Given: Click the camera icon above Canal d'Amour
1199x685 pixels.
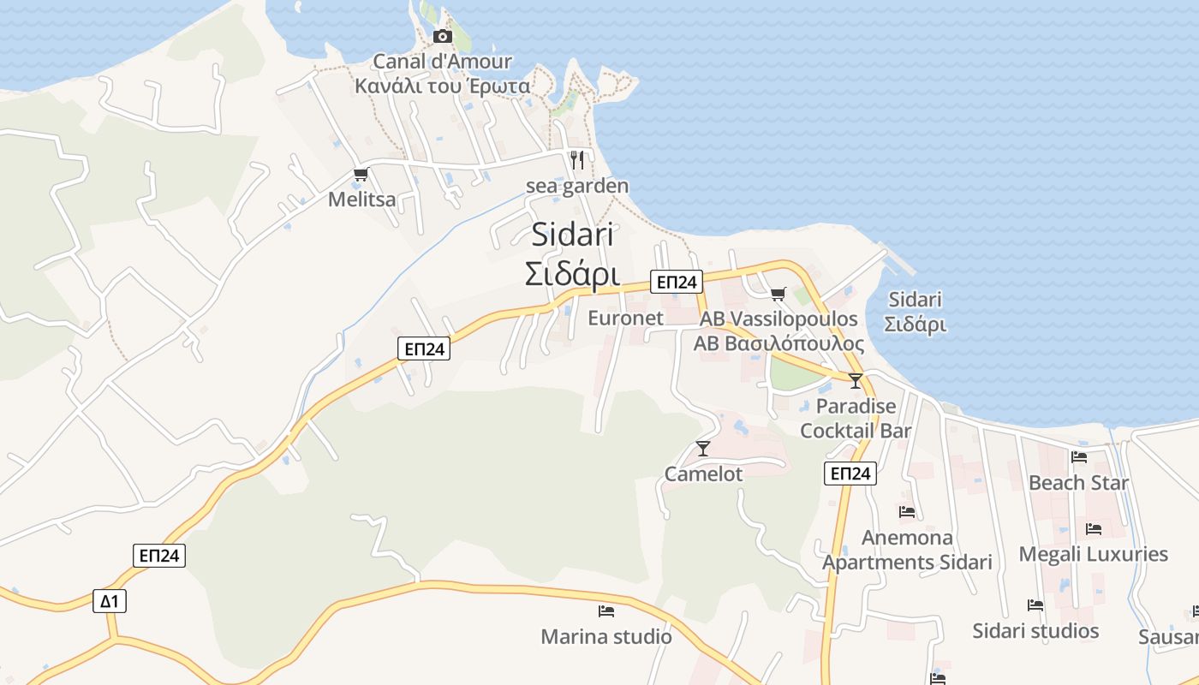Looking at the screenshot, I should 443,36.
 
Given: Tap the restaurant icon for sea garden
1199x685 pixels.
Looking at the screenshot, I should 577,159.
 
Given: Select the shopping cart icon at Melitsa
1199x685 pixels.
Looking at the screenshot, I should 361,176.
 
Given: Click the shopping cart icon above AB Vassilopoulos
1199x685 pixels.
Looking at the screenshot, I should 778,295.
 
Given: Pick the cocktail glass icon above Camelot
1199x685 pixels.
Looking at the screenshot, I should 703,448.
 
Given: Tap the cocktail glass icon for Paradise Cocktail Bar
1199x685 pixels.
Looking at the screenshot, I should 855,381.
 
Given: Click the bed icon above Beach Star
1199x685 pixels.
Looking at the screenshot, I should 1078,457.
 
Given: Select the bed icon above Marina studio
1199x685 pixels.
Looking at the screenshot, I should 606,611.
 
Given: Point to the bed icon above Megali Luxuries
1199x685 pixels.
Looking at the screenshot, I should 1093,529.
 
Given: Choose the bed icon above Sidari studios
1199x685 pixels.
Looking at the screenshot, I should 1035,605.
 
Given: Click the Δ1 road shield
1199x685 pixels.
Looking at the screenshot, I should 110,601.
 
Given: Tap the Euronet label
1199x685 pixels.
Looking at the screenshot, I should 625,319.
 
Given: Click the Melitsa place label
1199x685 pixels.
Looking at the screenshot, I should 362,200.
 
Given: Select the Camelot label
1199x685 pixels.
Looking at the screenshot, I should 703,474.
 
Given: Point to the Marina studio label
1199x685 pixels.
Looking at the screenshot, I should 606,637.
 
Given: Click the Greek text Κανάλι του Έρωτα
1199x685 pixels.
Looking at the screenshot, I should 443,86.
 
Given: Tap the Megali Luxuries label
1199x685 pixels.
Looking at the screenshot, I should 1093,555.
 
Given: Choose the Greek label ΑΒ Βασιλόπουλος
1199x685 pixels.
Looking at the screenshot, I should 778,343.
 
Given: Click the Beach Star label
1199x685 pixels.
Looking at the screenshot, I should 1078,483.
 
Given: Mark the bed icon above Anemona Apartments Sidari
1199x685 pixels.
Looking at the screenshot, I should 907,512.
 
